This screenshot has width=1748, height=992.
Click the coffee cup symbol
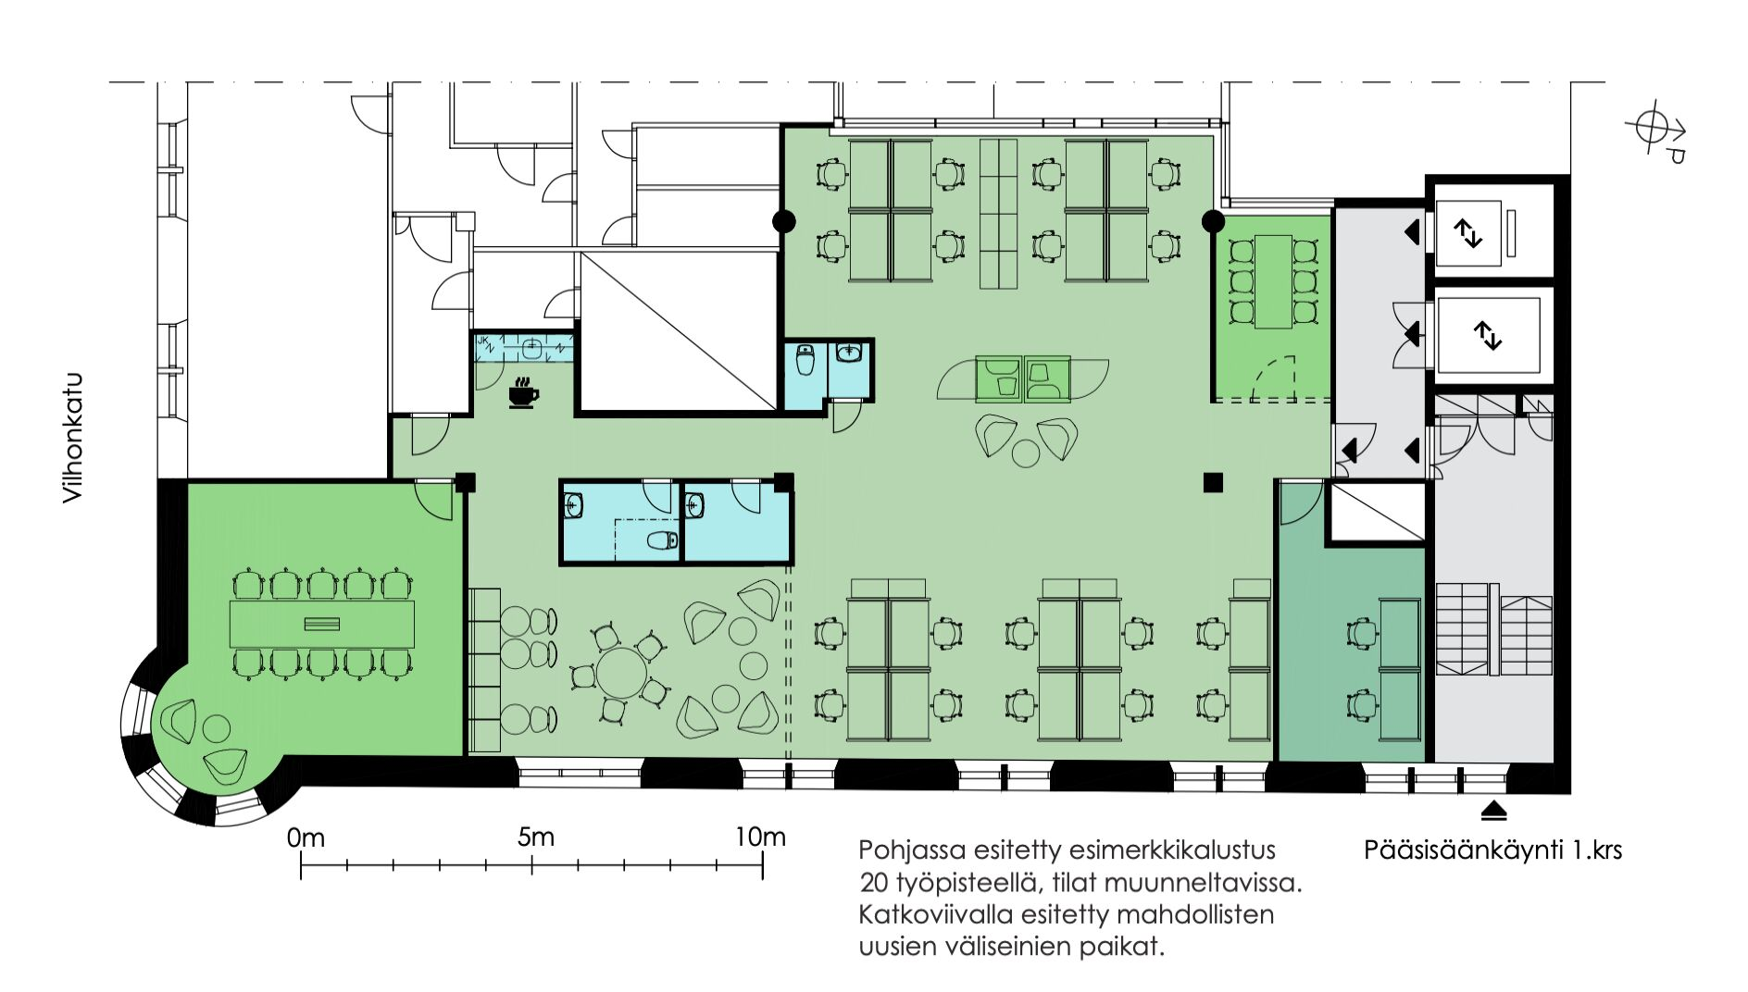point(523,392)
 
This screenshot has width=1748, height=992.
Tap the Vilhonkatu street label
point(73,438)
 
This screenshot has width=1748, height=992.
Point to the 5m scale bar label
point(535,837)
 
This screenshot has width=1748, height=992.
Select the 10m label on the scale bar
point(761,837)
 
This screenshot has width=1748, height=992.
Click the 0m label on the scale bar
point(306,838)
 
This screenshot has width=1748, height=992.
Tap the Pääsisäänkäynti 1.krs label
point(1492,850)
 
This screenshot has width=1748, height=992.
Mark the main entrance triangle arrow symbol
point(1494,812)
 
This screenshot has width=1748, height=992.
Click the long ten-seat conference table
point(322,624)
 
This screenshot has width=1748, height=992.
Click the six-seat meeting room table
point(1274,281)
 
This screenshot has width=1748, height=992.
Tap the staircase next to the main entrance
point(1493,629)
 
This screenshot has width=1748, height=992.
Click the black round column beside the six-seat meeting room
point(1213,221)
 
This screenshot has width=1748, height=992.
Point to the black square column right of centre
point(1213,482)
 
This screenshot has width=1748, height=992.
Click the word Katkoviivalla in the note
point(937,915)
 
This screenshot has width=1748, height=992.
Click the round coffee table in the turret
point(217,728)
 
